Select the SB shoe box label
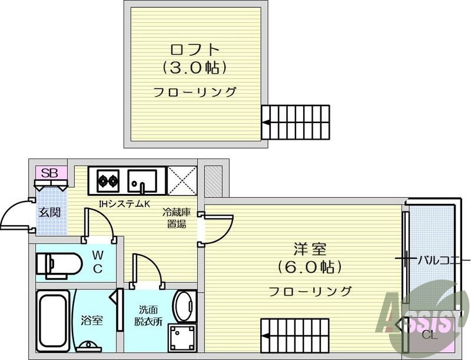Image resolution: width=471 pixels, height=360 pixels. [50, 173]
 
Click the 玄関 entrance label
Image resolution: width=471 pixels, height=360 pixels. [49, 212]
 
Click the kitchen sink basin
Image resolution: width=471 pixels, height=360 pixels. [142, 181]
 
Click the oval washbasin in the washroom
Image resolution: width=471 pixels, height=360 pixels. [186, 306]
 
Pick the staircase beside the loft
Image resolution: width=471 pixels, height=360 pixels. [296, 122]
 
